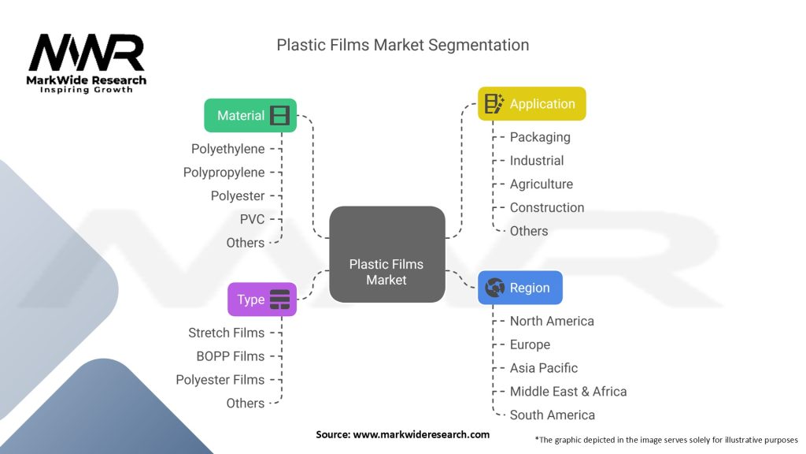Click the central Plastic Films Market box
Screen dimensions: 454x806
[x=386, y=255]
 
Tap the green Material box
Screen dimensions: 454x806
[x=250, y=115]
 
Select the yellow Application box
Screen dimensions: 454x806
[x=532, y=103]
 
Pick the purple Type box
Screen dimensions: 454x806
[x=262, y=300]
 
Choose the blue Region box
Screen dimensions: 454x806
[x=520, y=288]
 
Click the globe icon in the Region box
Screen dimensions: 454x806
[x=496, y=288]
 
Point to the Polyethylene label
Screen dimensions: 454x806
[x=227, y=148]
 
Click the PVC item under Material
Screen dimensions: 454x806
[x=252, y=219]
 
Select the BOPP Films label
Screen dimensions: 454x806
[x=230, y=356]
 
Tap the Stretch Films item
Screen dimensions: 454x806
[x=226, y=333]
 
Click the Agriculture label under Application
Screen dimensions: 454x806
[x=542, y=184]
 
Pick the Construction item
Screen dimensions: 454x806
[x=547, y=207]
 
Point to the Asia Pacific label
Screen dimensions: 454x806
[x=544, y=368]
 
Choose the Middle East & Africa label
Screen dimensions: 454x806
[x=568, y=392]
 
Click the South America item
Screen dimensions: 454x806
[x=553, y=415]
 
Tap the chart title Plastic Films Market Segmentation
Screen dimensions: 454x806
[x=402, y=45]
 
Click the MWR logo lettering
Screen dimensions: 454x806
[x=87, y=54]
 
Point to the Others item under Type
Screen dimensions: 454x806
[x=245, y=404]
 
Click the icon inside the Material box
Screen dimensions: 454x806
[x=279, y=115]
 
